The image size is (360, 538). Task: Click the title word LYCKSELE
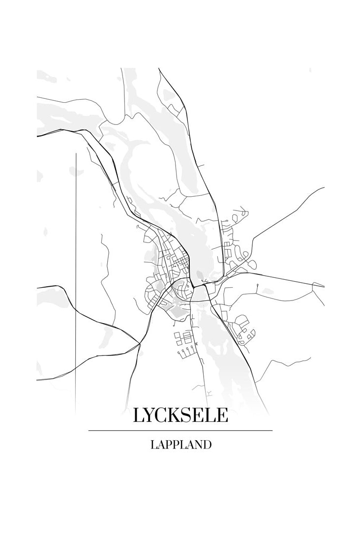tap(180, 416)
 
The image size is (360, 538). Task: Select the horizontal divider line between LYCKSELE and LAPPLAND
tap(180, 431)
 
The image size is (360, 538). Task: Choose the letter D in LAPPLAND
tap(207, 445)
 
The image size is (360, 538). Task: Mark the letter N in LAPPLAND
tap(196, 445)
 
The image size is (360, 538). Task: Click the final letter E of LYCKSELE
tap(222, 416)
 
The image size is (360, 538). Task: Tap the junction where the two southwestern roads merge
tap(139, 342)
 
